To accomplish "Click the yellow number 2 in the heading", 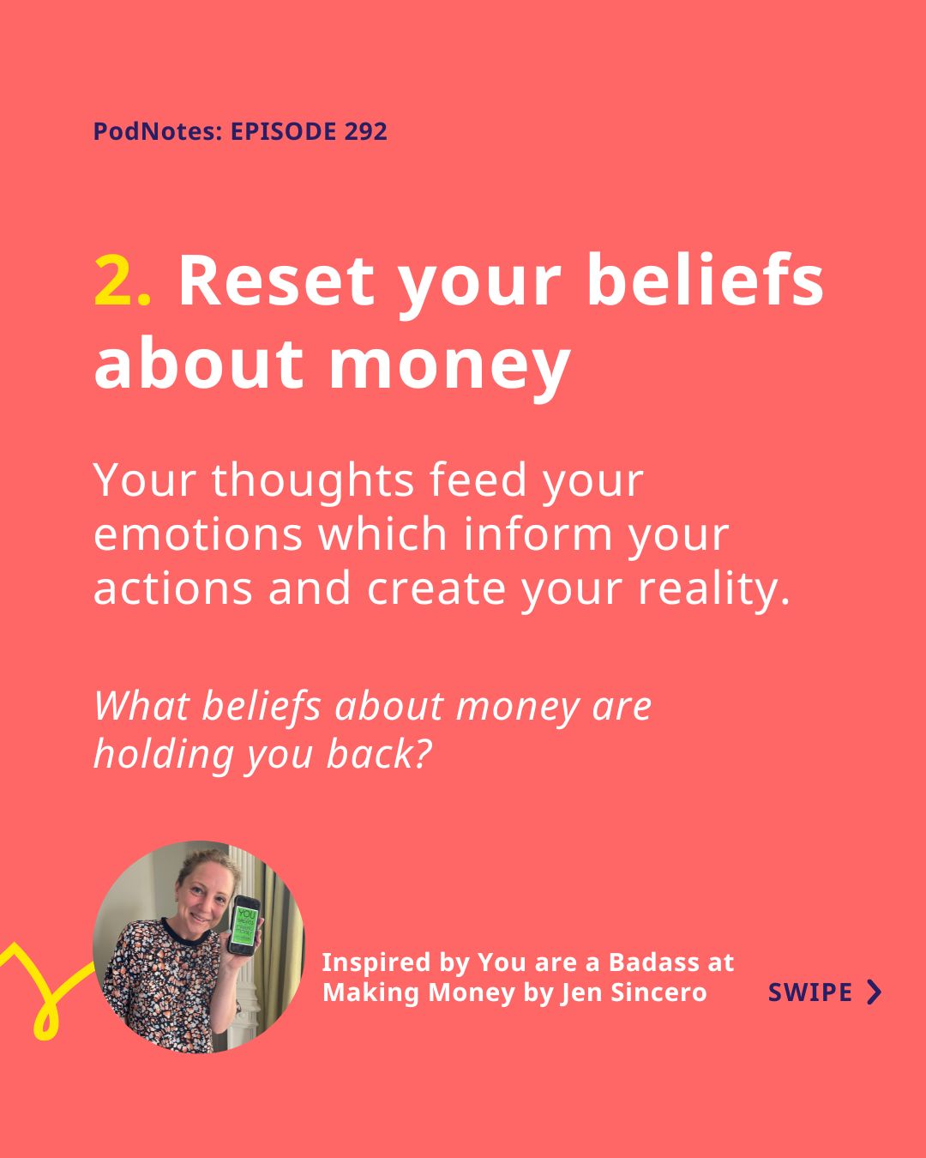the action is pos(113,280).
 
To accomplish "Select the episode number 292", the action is pos(365,131).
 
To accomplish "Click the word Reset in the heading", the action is pos(276,280).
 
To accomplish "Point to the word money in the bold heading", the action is pos(450,367).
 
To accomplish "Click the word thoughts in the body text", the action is pos(313,479).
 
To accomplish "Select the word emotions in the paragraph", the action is pos(198,534).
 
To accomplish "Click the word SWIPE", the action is pos(809,992).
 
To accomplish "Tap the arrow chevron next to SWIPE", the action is pos(875,992).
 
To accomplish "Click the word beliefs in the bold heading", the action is pos(705,280).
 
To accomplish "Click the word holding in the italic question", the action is pos(164,755).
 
